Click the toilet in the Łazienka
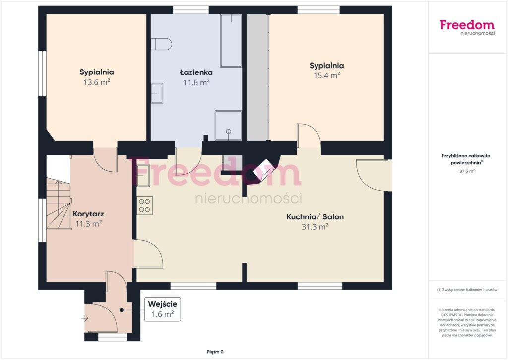(x=161, y=44)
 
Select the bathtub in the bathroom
(x=231, y=41)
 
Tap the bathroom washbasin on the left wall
(x=157, y=93)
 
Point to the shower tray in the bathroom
(x=228, y=126)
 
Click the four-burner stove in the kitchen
(x=144, y=205)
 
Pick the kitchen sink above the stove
(x=143, y=175)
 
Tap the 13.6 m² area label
(x=97, y=82)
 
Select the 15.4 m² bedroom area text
(x=326, y=75)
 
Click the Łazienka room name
(x=196, y=72)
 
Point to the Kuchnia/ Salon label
(x=315, y=216)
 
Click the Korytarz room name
(x=88, y=214)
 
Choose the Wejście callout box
(x=163, y=309)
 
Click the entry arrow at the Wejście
(x=85, y=318)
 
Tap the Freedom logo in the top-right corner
(x=467, y=27)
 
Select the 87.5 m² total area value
(x=467, y=171)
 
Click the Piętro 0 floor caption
(x=215, y=352)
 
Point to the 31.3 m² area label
(x=315, y=227)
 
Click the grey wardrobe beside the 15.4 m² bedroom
(x=258, y=77)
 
